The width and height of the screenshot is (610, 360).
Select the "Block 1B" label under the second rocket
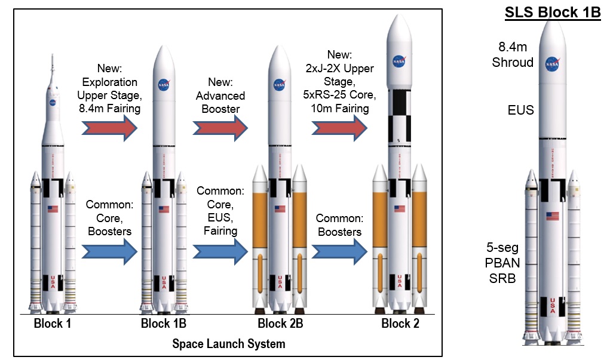(164, 325)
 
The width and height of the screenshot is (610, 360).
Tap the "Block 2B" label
(280, 325)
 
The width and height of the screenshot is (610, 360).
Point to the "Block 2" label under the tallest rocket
(400, 325)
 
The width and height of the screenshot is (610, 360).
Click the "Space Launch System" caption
(229, 344)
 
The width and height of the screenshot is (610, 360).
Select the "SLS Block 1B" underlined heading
(553, 13)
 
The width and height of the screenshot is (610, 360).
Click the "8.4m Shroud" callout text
(516, 54)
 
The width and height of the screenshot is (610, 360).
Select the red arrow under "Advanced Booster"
(220, 128)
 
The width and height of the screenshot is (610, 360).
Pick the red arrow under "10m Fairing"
(339, 128)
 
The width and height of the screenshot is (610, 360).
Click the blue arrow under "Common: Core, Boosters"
(110, 251)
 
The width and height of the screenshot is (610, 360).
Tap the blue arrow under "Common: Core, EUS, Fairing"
(220, 251)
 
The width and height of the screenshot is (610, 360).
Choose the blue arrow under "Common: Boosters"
(339, 251)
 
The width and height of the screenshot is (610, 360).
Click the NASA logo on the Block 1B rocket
(164, 85)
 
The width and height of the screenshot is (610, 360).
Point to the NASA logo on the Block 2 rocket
(400, 61)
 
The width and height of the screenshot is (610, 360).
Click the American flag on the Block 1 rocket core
(53, 209)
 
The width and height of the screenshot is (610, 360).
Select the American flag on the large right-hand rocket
(553, 216)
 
